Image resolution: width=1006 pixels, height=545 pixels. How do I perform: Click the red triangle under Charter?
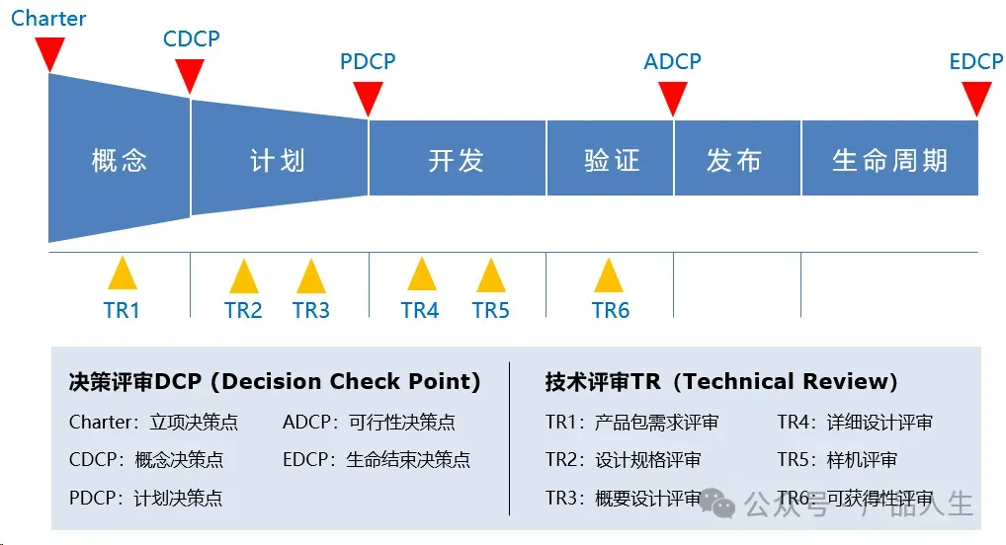(x=49, y=51)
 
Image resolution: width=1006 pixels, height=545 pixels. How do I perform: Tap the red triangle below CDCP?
(x=189, y=74)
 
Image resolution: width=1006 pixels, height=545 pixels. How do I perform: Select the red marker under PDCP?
(x=368, y=97)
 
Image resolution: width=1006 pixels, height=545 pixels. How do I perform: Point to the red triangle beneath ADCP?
(x=673, y=97)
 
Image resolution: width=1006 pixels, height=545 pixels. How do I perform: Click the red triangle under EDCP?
(x=976, y=97)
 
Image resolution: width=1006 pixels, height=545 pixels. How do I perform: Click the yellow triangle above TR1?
(x=122, y=273)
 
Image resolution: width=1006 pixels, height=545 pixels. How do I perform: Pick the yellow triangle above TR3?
(x=310, y=275)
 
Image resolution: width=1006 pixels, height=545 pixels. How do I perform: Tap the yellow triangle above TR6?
(x=609, y=275)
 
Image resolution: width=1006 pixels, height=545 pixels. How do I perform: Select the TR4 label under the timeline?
(x=420, y=311)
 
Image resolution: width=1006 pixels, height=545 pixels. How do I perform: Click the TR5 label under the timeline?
(x=490, y=311)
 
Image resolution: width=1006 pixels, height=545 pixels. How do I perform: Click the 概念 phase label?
(x=119, y=160)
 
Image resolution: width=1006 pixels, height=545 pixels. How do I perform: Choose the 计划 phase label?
(x=278, y=160)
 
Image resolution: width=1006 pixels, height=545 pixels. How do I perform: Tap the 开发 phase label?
(x=456, y=160)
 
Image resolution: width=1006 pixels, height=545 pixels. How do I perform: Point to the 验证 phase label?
(x=612, y=160)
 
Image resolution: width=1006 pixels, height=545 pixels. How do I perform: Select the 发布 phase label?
(x=734, y=160)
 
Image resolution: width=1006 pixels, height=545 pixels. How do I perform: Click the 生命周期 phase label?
(x=889, y=160)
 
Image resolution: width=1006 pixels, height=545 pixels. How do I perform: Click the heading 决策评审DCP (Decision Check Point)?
(x=275, y=382)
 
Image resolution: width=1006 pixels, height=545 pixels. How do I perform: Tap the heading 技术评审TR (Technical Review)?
(x=721, y=382)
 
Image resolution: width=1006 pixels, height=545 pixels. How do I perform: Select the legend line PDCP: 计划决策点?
(x=145, y=498)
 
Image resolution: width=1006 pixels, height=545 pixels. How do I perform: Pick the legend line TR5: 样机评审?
(x=837, y=460)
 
